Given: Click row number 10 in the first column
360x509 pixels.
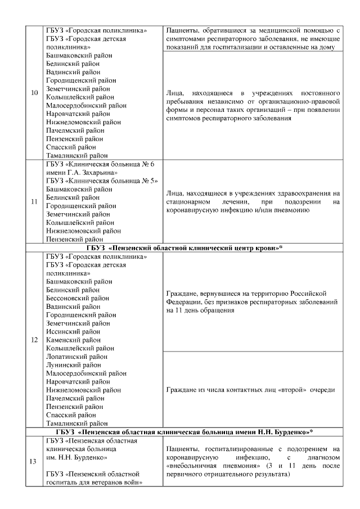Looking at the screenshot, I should point(34,92).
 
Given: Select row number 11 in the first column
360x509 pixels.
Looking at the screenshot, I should point(34,201).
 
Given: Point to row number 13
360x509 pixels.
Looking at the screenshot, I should point(34,462).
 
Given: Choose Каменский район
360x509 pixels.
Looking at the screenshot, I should point(74,340).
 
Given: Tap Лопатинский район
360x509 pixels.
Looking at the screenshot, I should point(76,357).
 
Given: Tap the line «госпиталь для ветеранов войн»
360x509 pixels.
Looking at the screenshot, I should point(93,483).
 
